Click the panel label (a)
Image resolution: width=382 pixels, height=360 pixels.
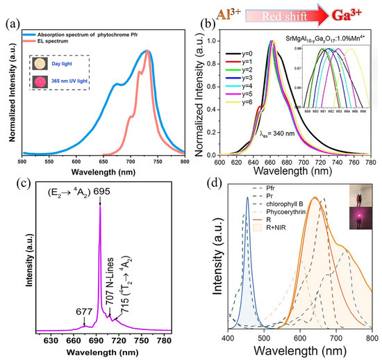[10, 28]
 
